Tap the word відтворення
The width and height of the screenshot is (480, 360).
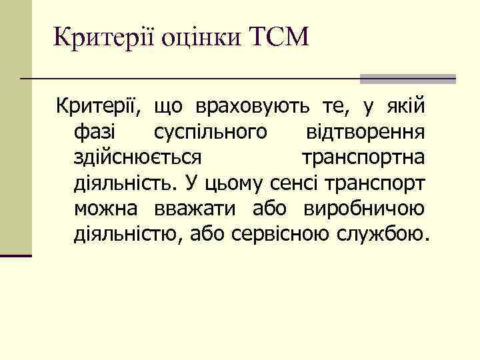click(366, 132)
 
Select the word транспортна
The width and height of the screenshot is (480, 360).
click(364, 158)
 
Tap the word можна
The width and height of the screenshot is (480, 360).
click(105, 209)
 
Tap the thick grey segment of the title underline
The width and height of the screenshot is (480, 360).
click(408, 79)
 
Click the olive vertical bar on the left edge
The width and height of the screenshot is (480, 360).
click(15, 127)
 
